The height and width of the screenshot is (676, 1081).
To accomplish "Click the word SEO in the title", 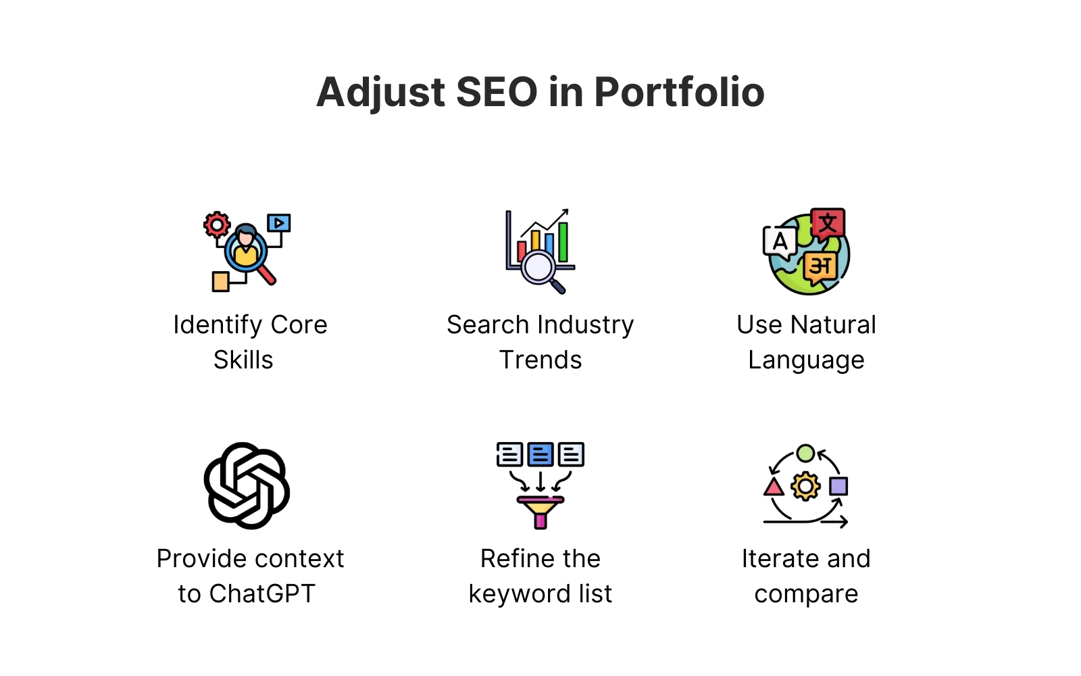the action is click(x=497, y=92).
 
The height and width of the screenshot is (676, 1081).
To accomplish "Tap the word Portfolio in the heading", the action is click(x=680, y=92).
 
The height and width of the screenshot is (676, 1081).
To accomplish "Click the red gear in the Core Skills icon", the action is click(x=217, y=224).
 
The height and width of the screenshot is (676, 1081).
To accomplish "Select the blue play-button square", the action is click(x=279, y=223).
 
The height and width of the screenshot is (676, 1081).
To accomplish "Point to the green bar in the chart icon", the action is click(x=563, y=242).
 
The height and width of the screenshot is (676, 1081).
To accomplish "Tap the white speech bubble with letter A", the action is click(x=780, y=243).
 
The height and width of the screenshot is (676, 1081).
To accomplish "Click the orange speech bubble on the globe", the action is click(x=820, y=267).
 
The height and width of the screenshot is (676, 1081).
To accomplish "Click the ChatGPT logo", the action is click(x=247, y=486).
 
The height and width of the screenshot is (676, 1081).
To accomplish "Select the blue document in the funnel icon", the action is click(x=540, y=454).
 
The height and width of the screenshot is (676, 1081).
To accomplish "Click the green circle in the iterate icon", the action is click(x=805, y=454).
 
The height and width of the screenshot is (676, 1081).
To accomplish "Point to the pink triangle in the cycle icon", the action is click(x=774, y=487).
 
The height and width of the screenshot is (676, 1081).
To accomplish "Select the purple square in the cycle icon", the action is click(x=838, y=486).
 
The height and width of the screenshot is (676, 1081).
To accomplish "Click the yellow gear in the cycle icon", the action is click(x=805, y=486).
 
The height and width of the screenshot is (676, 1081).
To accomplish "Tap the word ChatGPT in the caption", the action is click(x=262, y=594).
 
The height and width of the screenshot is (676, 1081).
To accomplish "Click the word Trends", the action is click(x=540, y=360).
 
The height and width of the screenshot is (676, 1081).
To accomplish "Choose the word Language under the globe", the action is click(x=806, y=361).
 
